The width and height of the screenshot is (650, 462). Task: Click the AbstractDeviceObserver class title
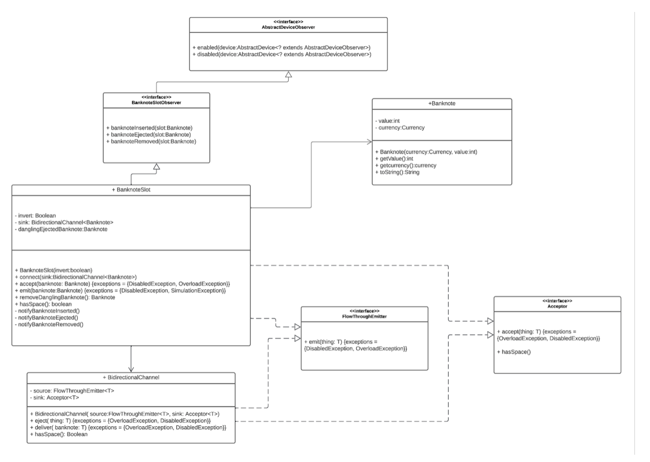tap(288, 26)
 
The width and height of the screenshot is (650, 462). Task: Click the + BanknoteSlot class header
tap(131, 190)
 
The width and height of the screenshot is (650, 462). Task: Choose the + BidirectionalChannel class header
tap(131, 377)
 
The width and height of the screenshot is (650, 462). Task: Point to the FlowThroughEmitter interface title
tap(364, 314)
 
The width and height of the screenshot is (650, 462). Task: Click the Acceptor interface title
tap(557, 304)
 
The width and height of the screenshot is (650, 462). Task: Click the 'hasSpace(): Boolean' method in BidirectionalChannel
tap(61, 434)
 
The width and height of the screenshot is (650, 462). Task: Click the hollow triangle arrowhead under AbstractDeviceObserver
tap(288, 75)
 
